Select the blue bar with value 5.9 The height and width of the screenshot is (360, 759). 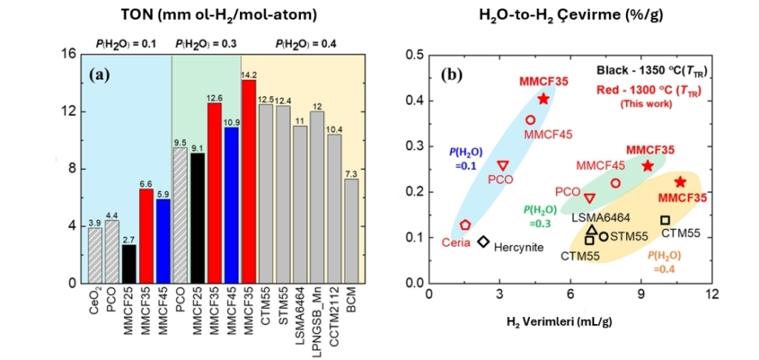163,241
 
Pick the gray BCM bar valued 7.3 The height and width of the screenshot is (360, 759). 352,231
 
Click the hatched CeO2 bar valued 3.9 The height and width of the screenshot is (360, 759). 95,255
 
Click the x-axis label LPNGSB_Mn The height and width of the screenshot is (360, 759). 316,318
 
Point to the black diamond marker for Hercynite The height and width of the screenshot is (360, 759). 484,242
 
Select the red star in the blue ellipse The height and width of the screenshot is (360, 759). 544,99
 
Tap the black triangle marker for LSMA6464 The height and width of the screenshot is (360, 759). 591,229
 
